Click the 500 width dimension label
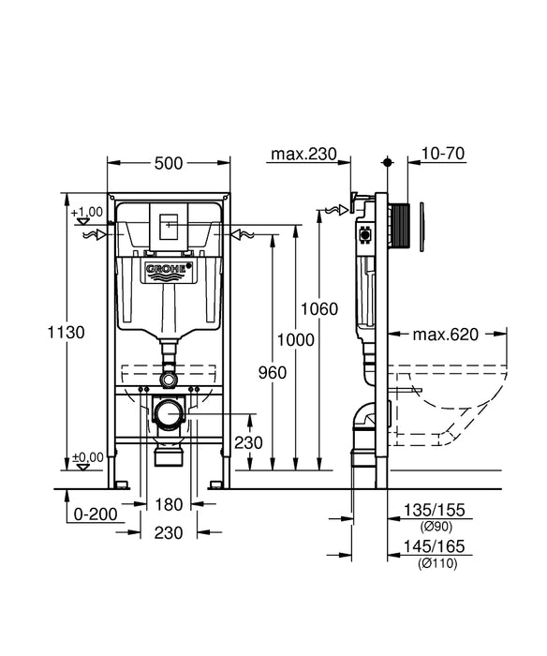[169, 163]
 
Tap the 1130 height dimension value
[67, 333]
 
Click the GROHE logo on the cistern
[169, 272]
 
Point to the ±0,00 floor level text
[88, 457]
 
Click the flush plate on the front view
[170, 225]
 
